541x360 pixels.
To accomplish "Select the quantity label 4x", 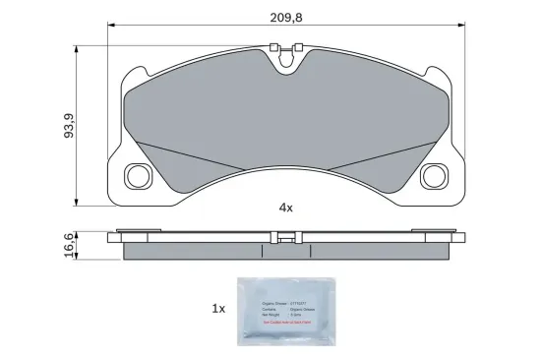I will tap(286, 209).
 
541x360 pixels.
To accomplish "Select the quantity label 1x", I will tap(218, 308).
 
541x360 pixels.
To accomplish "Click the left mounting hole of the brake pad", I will tap(137, 176).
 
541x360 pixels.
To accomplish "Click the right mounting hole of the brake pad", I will tap(433, 176).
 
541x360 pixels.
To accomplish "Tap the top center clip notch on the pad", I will tap(287, 59).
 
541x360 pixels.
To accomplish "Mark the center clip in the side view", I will tap(286, 236).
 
